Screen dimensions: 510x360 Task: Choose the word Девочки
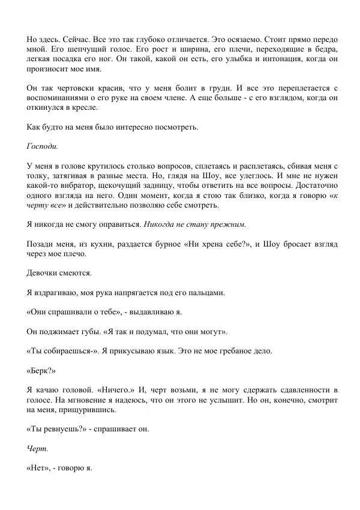[45, 272]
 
